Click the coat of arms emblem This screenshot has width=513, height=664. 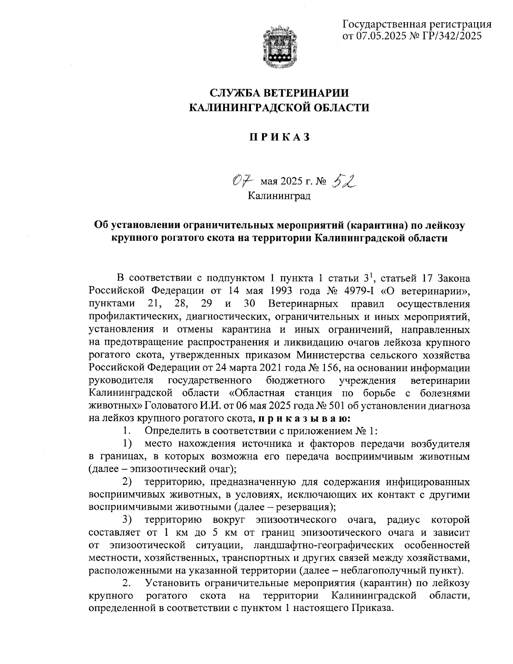pos(279,47)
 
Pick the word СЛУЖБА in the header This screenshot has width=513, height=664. pos(234,93)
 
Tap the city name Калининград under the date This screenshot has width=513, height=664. pos(279,196)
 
